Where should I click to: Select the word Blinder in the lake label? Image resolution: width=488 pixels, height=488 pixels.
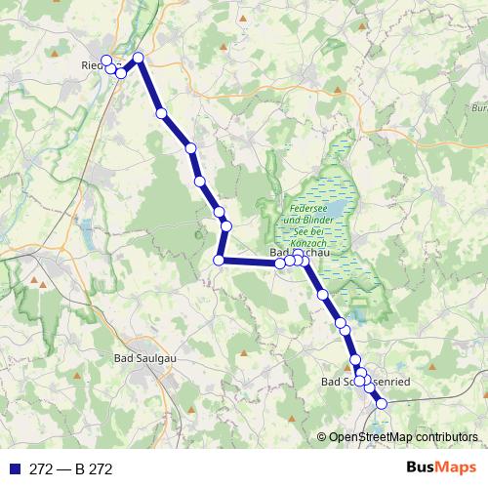coord(327,221)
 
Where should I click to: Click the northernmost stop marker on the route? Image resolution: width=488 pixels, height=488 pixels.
coord(139,58)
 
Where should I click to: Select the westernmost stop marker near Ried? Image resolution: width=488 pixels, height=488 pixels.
coord(106,61)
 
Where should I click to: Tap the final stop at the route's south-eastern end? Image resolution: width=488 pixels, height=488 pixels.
coord(382,403)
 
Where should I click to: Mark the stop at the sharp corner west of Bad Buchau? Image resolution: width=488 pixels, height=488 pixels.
coord(220,260)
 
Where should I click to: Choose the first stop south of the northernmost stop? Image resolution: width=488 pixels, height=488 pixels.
coord(161,113)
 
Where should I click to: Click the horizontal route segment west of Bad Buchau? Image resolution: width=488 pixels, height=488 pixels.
coord(249,262)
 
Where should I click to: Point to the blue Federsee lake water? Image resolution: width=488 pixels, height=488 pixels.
coord(334,209)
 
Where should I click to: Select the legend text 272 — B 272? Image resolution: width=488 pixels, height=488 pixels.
coord(70,469)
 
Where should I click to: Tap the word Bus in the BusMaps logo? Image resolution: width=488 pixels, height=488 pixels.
coord(426,468)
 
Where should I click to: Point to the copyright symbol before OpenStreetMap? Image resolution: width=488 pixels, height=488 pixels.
coord(322,437)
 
